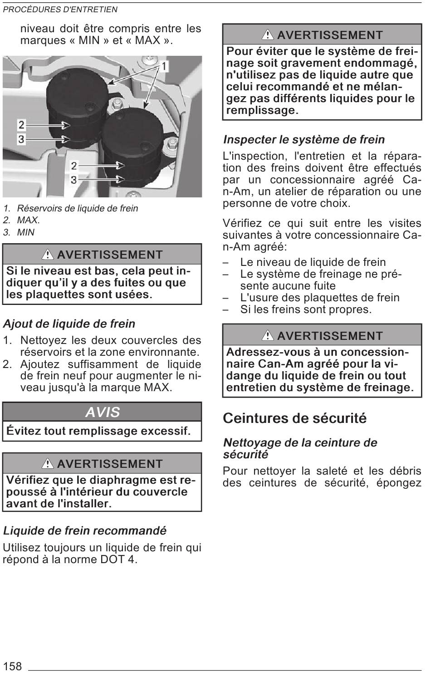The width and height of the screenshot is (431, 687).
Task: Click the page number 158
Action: [x=12, y=666]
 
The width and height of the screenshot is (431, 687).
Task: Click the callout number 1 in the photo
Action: [x=163, y=67]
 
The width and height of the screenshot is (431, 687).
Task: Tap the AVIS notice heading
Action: [x=103, y=412]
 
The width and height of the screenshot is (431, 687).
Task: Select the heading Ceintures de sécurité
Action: [x=294, y=418]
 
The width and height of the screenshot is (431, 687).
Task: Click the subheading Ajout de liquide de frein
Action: [x=69, y=324]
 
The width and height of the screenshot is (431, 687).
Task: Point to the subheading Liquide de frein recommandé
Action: [x=84, y=530]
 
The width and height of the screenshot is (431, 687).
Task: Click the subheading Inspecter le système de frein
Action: [x=304, y=140]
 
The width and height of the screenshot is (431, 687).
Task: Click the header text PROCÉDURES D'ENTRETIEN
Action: [x=60, y=10]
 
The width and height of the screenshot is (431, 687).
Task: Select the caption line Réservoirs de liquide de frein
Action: [x=77, y=209]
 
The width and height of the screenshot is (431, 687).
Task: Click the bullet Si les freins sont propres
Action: [x=306, y=309]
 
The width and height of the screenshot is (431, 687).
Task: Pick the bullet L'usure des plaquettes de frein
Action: [x=319, y=298]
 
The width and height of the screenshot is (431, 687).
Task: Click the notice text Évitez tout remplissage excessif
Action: [x=98, y=431]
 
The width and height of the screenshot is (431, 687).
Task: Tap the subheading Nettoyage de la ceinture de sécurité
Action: [x=300, y=448]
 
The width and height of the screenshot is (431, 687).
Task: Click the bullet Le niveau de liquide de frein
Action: [x=313, y=262]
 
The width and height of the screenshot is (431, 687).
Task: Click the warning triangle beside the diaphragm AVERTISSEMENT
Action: [x=48, y=464]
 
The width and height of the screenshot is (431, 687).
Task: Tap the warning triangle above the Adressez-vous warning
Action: [x=268, y=336]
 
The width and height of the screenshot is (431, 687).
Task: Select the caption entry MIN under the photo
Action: [x=26, y=232]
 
